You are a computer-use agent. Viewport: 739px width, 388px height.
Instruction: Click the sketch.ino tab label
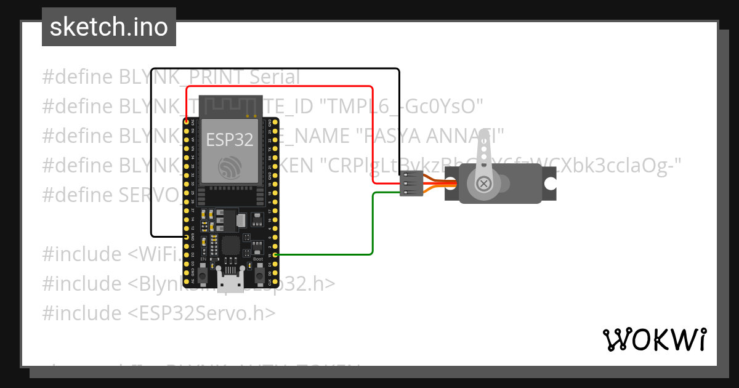pyautogui.click(x=109, y=27)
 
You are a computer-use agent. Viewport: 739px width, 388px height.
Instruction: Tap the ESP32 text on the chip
pyautogui.click(x=229, y=140)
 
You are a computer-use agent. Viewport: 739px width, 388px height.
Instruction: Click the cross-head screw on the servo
pyautogui.click(x=484, y=184)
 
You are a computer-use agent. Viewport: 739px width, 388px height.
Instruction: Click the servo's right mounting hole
pyautogui.click(x=551, y=184)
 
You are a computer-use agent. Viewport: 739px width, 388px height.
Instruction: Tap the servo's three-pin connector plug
pyautogui.click(x=410, y=184)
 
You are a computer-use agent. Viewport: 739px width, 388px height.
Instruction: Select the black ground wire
pyautogui.click(x=151, y=154)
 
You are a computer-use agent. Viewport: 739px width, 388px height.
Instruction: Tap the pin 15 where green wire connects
pyautogui.click(x=275, y=254)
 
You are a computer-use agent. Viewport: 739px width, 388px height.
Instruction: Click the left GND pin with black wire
pyautogui.click(x=187, y=236)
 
